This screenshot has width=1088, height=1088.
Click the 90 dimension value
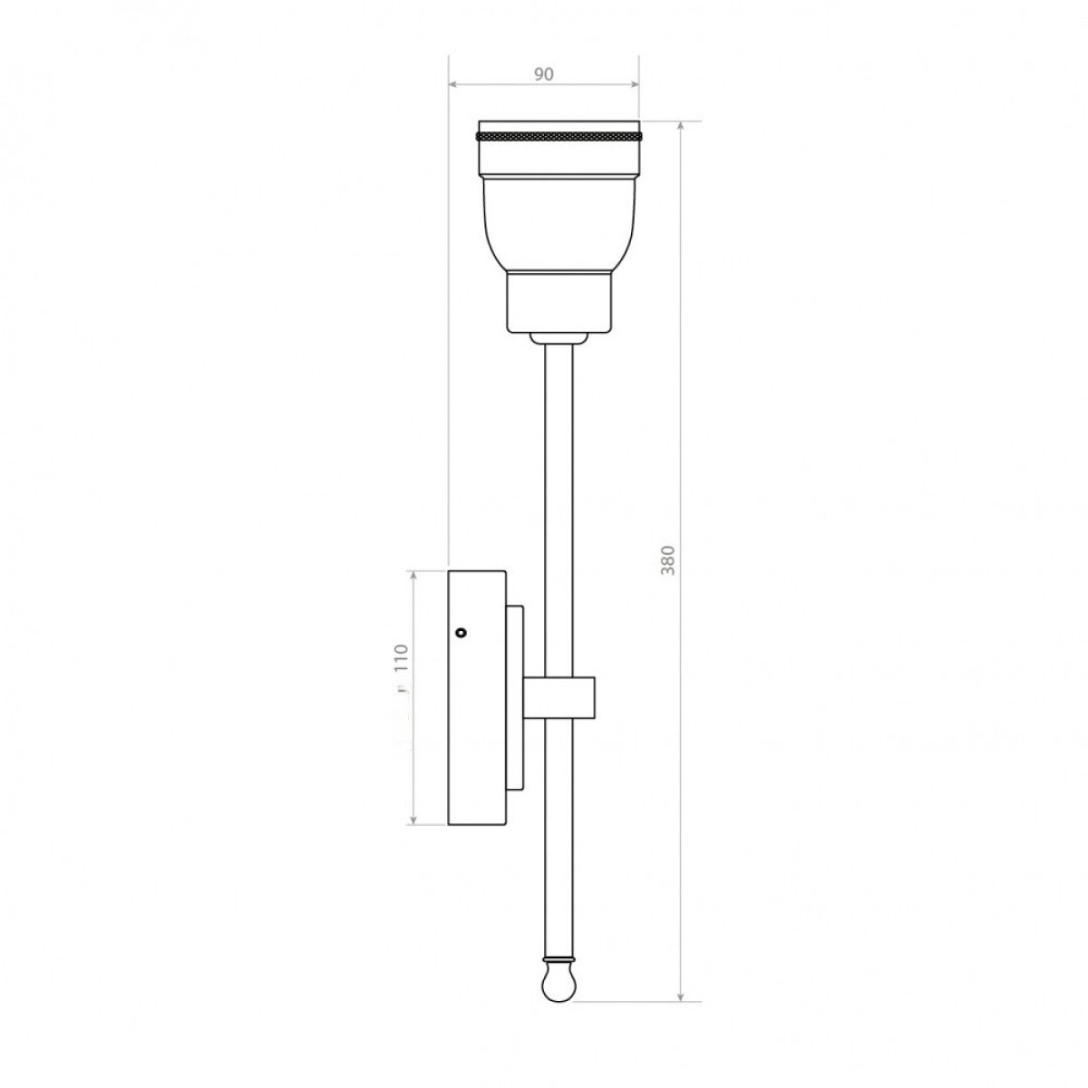pyautogui.click(x=543, y=74)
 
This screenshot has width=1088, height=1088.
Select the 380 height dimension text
pyautogui.click(x=668, y=560)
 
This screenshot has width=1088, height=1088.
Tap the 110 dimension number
pyautogui.click(x=401, y=657)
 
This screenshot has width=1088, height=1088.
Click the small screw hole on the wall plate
pyautogui.click(x=461, y=632)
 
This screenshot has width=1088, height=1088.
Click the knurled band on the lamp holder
pyautogui.click(x=559, y=137)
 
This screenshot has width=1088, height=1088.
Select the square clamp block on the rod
pyautogui.click(x=559, y=698)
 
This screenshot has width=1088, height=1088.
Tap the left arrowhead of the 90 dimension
pyautogui.click(x=452, y=84)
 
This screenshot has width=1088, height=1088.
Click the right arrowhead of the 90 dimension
pyautogui.click(x=634, y=84)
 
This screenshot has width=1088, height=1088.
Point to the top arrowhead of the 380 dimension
pyautogui.click(x=681, y=125)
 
